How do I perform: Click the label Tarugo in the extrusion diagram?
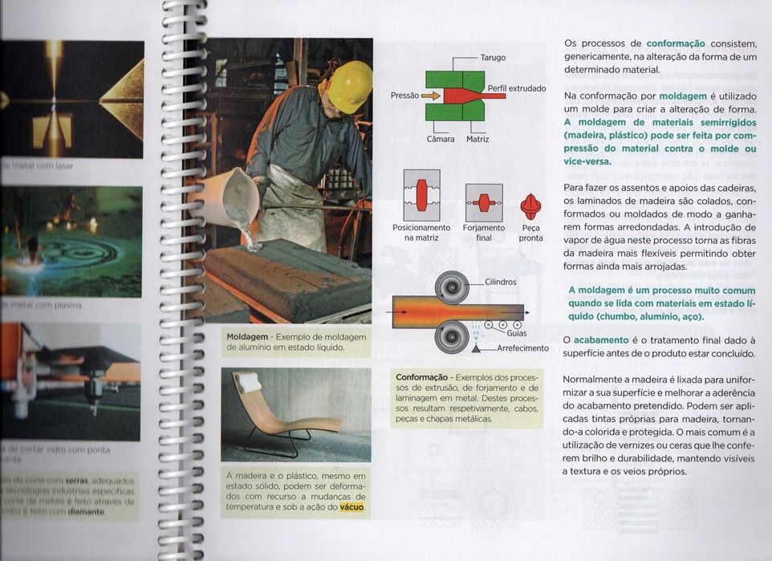pos(492,59)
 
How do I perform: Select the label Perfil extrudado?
pos(516,87)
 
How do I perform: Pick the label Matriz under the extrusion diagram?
pos(479,139)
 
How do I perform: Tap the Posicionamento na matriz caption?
pos(421,233)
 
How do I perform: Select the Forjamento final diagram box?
pos(484,201)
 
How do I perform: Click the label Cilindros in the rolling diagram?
pos(501,283)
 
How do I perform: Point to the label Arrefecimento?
pos(522,348)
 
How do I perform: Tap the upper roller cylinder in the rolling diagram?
pos(452,287)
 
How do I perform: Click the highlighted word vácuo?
pos(352,507)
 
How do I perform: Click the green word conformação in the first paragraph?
pos(675,43)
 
